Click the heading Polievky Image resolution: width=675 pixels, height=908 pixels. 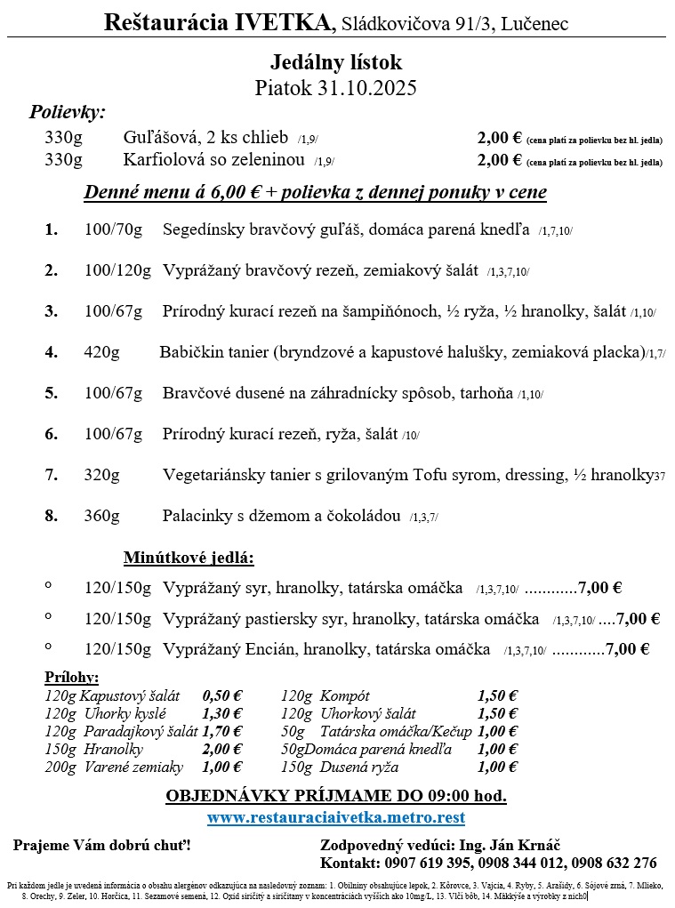67,113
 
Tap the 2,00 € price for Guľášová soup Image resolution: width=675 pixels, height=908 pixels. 499,138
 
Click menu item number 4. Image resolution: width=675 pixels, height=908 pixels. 52,352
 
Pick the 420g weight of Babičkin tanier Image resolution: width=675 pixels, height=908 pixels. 101,352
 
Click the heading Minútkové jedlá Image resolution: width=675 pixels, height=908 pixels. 189,558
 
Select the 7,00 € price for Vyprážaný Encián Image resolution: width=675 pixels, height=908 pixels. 627,649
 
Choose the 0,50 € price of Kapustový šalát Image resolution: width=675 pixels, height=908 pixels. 222,696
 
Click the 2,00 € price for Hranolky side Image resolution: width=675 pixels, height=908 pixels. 222,750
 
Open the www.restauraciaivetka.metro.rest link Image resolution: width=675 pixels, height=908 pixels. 336,817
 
